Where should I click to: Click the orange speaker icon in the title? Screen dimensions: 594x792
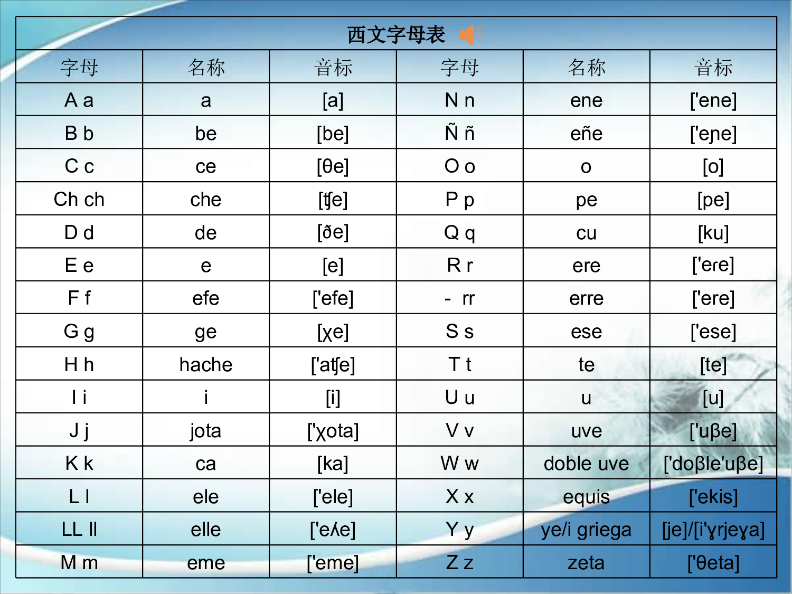(469, 35)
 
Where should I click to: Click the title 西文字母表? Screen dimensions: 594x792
(396, 35)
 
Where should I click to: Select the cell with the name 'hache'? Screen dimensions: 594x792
(206, 364)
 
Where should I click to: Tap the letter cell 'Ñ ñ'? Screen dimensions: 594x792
(459, 133)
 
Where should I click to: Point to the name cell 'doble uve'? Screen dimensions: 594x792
(586, 464)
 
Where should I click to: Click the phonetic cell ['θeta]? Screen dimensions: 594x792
(713, 563)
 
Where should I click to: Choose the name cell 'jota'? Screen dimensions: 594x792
(206, 431)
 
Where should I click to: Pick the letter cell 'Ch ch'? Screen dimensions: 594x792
(79, 200)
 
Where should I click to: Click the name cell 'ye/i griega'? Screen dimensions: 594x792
(586, 530)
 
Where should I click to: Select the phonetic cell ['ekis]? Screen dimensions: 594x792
(713, 497)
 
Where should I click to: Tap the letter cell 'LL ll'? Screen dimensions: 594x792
(79, 530)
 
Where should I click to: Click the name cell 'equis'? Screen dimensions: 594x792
(586, 497)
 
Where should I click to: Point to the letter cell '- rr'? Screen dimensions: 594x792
(459, 298)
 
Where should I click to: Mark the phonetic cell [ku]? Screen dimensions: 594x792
(713, 232)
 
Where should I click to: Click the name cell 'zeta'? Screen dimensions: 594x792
(586, 563)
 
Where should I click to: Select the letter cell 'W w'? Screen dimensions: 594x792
(459, 464)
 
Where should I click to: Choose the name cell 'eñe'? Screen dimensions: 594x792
(586, 133)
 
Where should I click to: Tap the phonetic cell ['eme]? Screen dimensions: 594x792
(333, 563)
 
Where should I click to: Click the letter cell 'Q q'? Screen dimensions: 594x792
(459, 232)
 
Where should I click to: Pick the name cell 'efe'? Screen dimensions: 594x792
(206, 298)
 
